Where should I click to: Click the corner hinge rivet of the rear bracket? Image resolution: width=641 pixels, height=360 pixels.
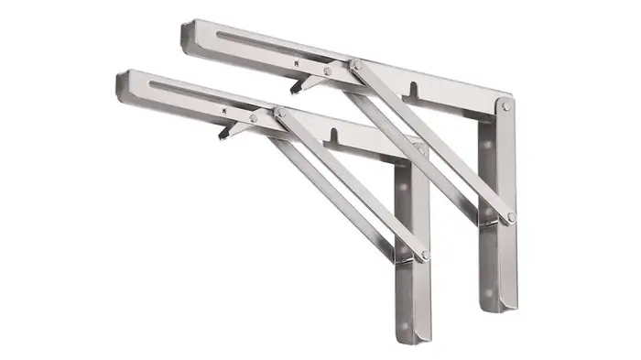pos(506,108)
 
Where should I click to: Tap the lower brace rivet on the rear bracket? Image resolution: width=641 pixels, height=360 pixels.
pos(511,217)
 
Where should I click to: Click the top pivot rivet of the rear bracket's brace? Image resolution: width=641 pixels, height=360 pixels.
pos(356,65)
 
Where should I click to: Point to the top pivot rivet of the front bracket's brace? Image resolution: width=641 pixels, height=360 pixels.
pos(279,112)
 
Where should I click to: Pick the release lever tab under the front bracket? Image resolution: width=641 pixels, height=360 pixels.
pos(223,134)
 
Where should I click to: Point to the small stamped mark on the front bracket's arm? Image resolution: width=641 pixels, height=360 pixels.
pos(224,108)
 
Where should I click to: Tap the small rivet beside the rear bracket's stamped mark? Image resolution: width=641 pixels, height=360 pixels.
pos(327,70)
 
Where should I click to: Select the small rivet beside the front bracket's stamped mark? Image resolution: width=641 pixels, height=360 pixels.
pos(254,117)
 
